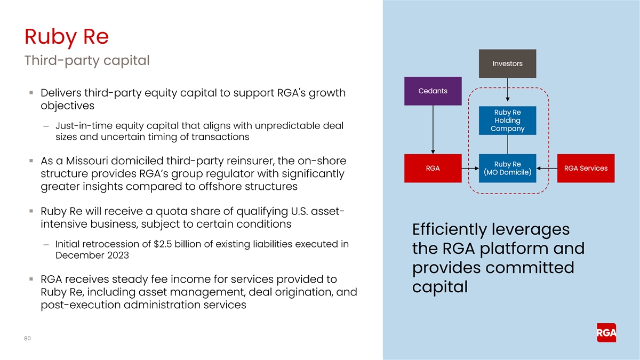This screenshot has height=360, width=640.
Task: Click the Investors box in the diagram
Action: [507, 63]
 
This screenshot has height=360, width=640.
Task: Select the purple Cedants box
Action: [433, 91]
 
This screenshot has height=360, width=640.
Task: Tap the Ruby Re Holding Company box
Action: [507, 121]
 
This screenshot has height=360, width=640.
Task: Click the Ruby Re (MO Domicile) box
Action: [507, 168]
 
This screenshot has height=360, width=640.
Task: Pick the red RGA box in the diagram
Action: [433, 168]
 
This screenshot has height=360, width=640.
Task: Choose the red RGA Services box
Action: [586, 168]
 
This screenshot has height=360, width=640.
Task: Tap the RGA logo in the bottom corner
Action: [606, 333]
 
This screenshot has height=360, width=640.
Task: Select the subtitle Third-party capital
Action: [87, 61]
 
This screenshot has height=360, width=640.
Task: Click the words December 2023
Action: [92, 255]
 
